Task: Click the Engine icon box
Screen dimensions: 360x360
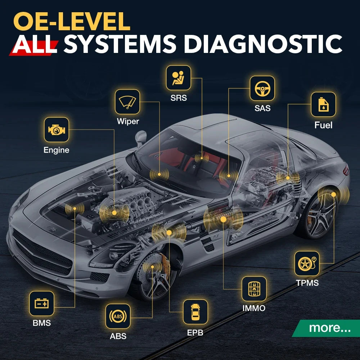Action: tap(57, 130)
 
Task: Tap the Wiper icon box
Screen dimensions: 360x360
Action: tap(127, 102)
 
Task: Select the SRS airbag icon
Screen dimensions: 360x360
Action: tap(179, 78)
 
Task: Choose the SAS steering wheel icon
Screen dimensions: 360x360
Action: tap(262, 89)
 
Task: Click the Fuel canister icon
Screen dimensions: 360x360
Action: tap(323, 104)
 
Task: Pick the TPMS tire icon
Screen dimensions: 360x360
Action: tap(307, 264)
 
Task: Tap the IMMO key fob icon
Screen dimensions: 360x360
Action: tap(254, 289)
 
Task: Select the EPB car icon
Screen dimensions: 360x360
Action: tap(195, 312)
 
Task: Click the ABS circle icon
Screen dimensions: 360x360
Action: tap(118, 316)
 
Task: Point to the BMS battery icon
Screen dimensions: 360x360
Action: tap(42, 303)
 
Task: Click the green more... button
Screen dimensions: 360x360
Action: tap(327, 328)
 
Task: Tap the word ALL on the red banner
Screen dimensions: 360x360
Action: tap(35, 44)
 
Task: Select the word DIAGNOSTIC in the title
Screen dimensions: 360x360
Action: tap(263, 44)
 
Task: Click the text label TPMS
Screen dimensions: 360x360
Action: tap(307, 283)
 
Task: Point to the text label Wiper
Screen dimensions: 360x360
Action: tap(128, 121)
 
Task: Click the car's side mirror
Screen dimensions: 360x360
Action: tap(141, 138)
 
